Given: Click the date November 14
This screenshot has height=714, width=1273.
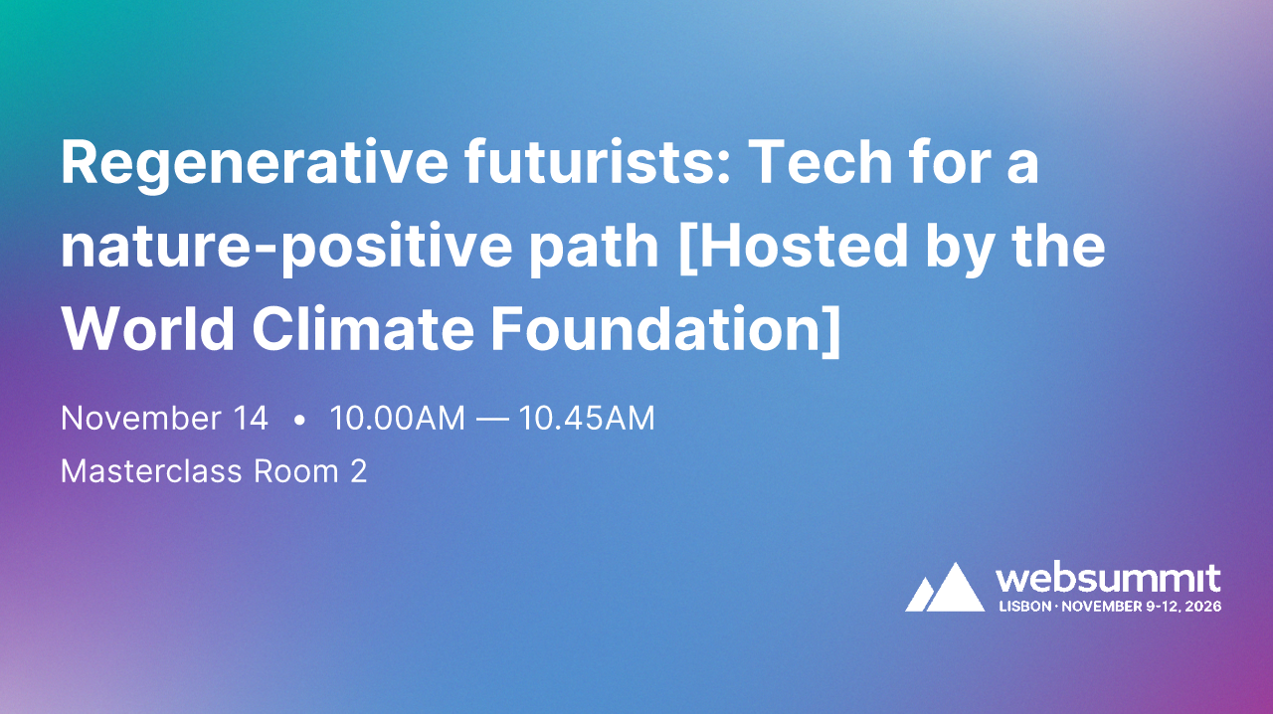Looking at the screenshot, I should click(x=164, y=419).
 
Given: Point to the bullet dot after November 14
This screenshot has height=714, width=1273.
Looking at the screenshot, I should click(x=299, y=420).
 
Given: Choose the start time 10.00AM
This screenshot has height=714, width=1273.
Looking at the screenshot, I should click(x=397, y=419).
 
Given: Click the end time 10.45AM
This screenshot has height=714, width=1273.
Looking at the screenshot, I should click(x=587, y=419).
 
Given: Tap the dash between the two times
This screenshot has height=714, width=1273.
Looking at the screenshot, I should click(x=491, y=420).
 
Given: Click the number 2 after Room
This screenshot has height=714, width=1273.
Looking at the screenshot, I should click(x=358, y=470).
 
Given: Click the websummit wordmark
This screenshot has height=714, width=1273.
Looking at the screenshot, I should click(x=1108, y=578).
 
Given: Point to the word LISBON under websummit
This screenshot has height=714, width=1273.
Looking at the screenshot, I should click(x=1023, y=606).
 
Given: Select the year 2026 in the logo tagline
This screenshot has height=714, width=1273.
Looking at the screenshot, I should click(x=1202, y=606).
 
